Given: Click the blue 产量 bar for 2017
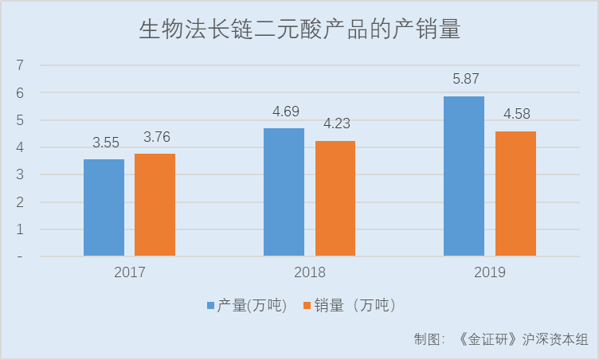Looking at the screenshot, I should pos(104,208).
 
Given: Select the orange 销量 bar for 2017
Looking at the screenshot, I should pos(155,205).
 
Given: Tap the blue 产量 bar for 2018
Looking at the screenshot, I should pos(284,192).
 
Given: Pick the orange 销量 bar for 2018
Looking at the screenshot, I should pos(335,198).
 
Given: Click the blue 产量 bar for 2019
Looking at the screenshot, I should pos(464,176).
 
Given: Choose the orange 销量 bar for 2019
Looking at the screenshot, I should pos(515,194).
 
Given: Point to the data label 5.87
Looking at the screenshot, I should pos(464,79).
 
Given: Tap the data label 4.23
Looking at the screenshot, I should pos(336,124).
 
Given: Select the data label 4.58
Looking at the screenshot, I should pos(516,115).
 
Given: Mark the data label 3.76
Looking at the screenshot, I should pos(155,137).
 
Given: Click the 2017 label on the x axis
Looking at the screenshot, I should pos(129,273).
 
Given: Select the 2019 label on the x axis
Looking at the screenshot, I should pos(489,273).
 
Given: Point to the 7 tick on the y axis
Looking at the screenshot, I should pos(20,65).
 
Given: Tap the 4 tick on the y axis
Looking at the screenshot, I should pos(20,147).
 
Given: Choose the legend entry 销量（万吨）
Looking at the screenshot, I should pos(356,306).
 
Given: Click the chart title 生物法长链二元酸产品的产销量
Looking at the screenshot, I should pos(299,30).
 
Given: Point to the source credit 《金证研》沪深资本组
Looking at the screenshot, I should pos(523,338).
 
